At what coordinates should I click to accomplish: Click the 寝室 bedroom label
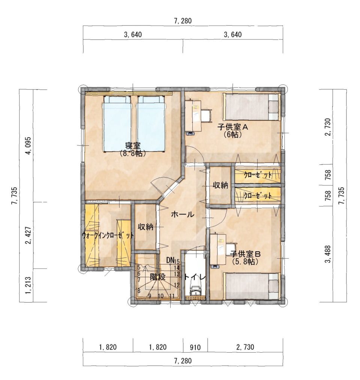pos(133,146)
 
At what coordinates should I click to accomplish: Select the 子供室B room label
pos(245,254)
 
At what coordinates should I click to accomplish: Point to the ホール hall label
pos(183,214)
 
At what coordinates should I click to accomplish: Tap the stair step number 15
pos(177,261)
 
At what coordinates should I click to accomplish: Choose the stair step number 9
pos(150,296)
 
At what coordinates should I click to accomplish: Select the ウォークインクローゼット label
pos(108,235)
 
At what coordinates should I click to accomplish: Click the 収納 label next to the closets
pos(220,185)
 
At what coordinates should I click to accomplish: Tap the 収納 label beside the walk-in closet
pos(145,227)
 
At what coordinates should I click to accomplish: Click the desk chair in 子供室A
pos(206,115)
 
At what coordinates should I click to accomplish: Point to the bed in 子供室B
pos(252,287)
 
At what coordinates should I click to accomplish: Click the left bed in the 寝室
pos(117,124)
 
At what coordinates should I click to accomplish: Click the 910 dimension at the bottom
pos(195,348)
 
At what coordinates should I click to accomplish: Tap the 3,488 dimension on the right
pos(328,254)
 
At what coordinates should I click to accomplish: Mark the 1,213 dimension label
pos(29,285)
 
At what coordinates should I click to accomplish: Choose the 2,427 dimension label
pos(29,235)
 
